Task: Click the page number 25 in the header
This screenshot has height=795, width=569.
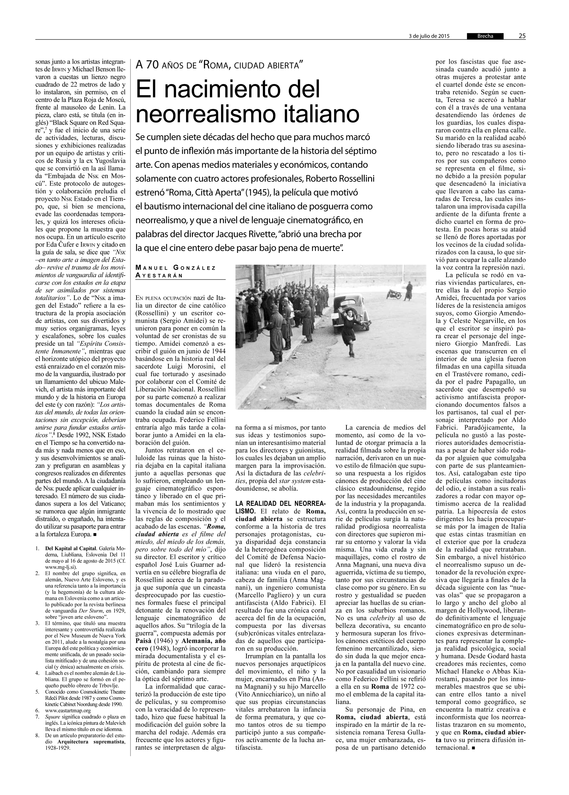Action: point(522,36)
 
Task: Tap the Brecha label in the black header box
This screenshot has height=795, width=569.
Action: point(485,36)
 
